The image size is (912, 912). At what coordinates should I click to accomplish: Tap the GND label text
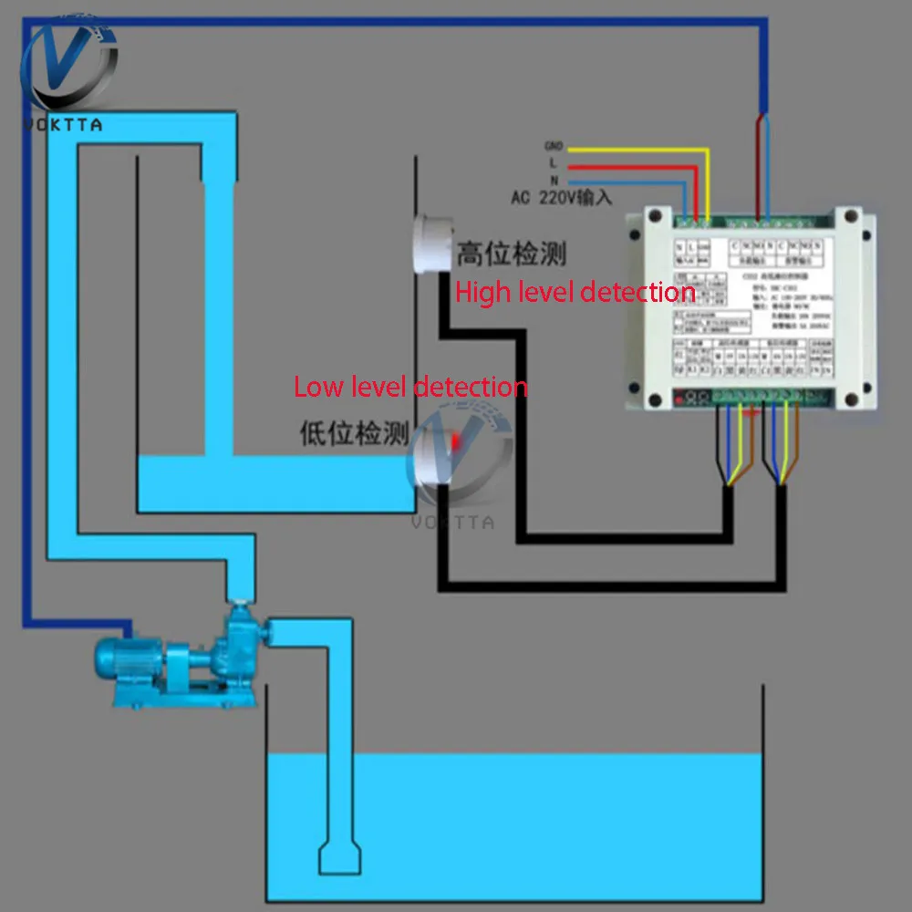coord(553,146)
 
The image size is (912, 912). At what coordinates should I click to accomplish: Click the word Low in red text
coord(316,387)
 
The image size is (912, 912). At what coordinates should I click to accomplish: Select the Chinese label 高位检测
coord(511,253)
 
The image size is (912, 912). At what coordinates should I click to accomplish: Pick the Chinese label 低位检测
coord(355,433)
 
